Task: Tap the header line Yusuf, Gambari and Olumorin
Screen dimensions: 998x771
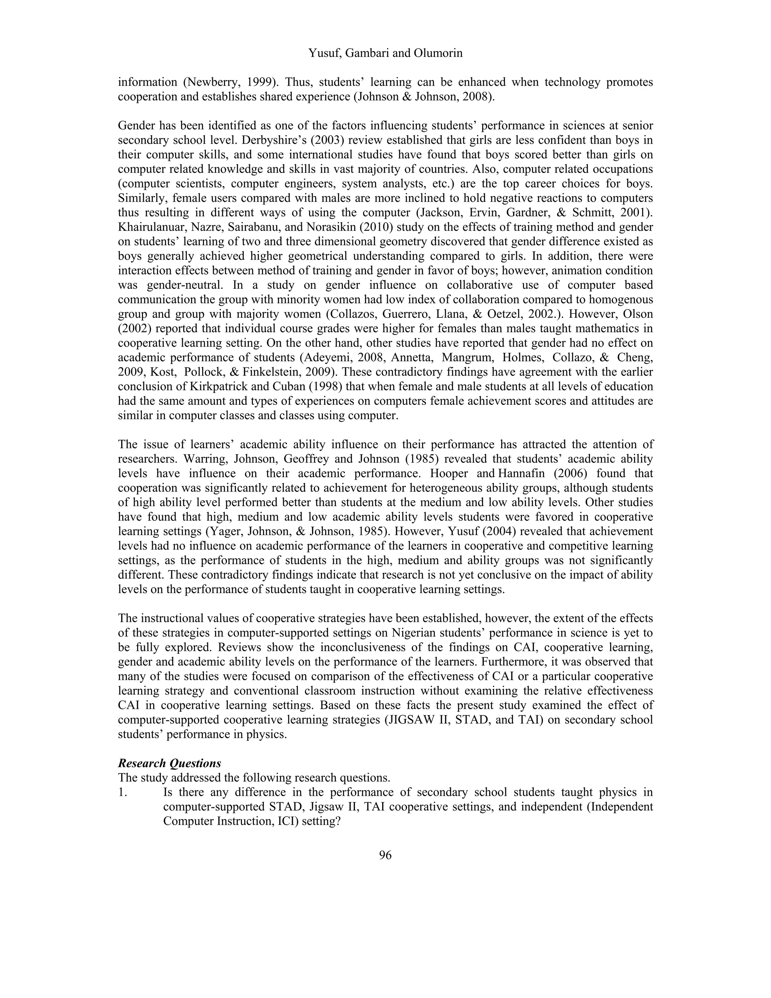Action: click(x=385, y=53)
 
